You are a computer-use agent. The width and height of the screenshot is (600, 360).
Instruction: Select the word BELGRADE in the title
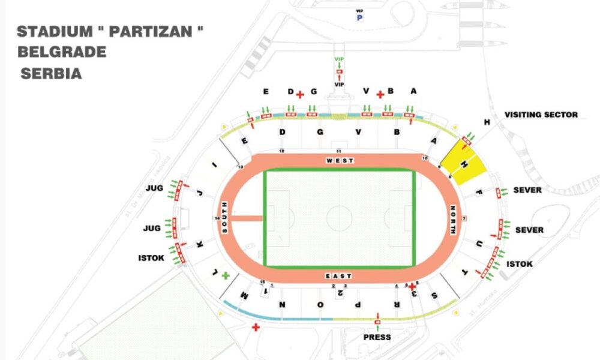[62, 52]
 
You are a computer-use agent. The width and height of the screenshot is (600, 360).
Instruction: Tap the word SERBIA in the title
[51, 74]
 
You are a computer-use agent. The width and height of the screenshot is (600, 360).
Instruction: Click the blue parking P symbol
[360, 17]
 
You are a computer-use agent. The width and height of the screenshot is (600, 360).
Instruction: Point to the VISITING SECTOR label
[541, 115]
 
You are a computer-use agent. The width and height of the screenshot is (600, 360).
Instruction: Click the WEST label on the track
[340, 161]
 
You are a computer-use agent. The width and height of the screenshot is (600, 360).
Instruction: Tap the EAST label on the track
[338, 276]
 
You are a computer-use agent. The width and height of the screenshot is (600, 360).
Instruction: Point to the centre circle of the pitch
[339, 218]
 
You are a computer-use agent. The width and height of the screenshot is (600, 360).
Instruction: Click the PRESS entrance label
[377, 337]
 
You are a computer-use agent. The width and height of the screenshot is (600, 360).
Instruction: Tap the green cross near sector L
[226, 275]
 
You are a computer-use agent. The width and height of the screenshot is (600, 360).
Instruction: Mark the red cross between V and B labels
[379, 94]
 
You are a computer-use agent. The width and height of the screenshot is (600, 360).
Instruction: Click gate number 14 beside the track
[217, 218]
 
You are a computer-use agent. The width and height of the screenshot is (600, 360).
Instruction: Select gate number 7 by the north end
[464, 218]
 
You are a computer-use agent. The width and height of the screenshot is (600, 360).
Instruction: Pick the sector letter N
[282, 305]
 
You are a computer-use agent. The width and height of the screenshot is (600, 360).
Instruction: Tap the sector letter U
[479, 244]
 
